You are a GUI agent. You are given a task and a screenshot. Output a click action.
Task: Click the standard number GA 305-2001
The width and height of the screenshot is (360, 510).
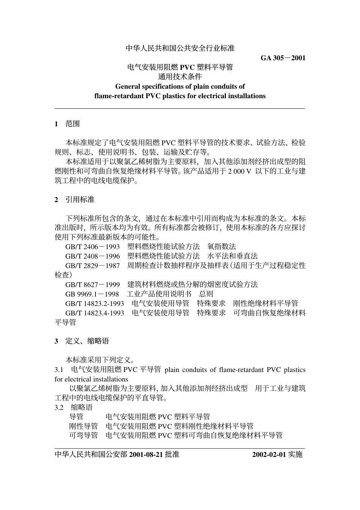pos(283,58)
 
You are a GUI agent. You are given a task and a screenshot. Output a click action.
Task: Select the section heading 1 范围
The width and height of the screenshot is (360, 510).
pos(67,124)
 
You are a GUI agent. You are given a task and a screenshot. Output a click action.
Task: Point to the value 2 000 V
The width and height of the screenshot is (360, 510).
pos(239,171)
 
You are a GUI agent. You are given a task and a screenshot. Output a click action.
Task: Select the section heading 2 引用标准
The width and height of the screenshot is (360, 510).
pos(74,199)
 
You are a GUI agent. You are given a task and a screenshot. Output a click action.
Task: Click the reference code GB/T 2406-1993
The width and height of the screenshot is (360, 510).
pos(92,247)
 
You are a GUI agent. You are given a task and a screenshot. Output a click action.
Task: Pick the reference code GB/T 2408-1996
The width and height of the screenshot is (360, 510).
pos(92,256)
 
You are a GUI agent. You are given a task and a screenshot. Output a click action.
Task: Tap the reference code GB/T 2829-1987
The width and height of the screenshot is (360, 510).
pos(92,266)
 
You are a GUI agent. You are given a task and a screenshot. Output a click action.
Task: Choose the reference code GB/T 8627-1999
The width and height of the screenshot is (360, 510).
pos(92,285)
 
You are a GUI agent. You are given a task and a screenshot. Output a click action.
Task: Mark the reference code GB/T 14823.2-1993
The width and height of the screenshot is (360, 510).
pos(95,303)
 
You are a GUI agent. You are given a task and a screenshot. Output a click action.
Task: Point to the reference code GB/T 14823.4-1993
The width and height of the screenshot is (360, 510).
pos(95,313)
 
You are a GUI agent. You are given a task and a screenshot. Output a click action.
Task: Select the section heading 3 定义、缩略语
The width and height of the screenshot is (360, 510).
pos(81,341)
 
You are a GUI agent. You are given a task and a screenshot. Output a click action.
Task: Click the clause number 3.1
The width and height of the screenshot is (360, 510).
pos(59,370)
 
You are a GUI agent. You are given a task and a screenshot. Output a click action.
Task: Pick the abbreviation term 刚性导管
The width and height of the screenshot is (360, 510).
pos(83,426)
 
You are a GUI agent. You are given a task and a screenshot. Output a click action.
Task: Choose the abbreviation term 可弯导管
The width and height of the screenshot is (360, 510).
pos(83,435)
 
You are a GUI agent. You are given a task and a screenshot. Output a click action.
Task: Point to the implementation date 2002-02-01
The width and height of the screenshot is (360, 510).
pos(269,454)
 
